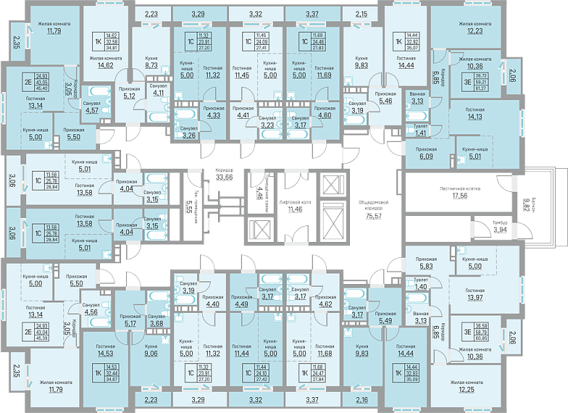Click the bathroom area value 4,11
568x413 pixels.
point(158,93)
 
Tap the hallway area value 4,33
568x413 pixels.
point(213,114)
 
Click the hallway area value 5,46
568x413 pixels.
point(386,101)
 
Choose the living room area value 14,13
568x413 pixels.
point(475,117)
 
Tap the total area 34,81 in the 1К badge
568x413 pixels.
point(111,48)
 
